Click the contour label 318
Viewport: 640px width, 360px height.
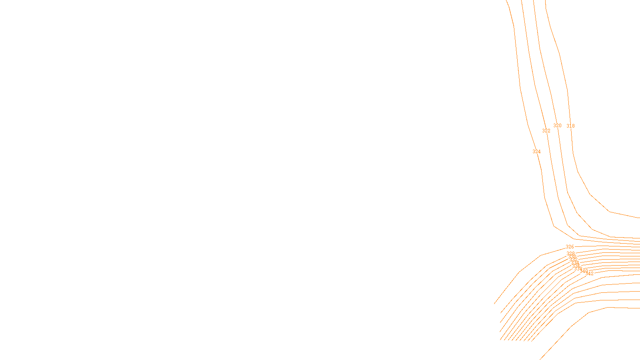570,126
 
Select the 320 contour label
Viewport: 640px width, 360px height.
557,126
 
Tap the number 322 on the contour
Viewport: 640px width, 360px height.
546,131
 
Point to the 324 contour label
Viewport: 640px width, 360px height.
536,152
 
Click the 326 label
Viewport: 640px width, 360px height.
570,247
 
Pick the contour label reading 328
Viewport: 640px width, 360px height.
570,254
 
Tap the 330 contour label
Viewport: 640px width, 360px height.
572,257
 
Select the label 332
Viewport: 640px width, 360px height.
574,260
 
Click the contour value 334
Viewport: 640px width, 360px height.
575,263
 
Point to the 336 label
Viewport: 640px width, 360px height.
576,266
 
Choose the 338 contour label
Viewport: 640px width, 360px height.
578,269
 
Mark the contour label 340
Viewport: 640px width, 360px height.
584,271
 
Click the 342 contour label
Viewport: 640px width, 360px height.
590,274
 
